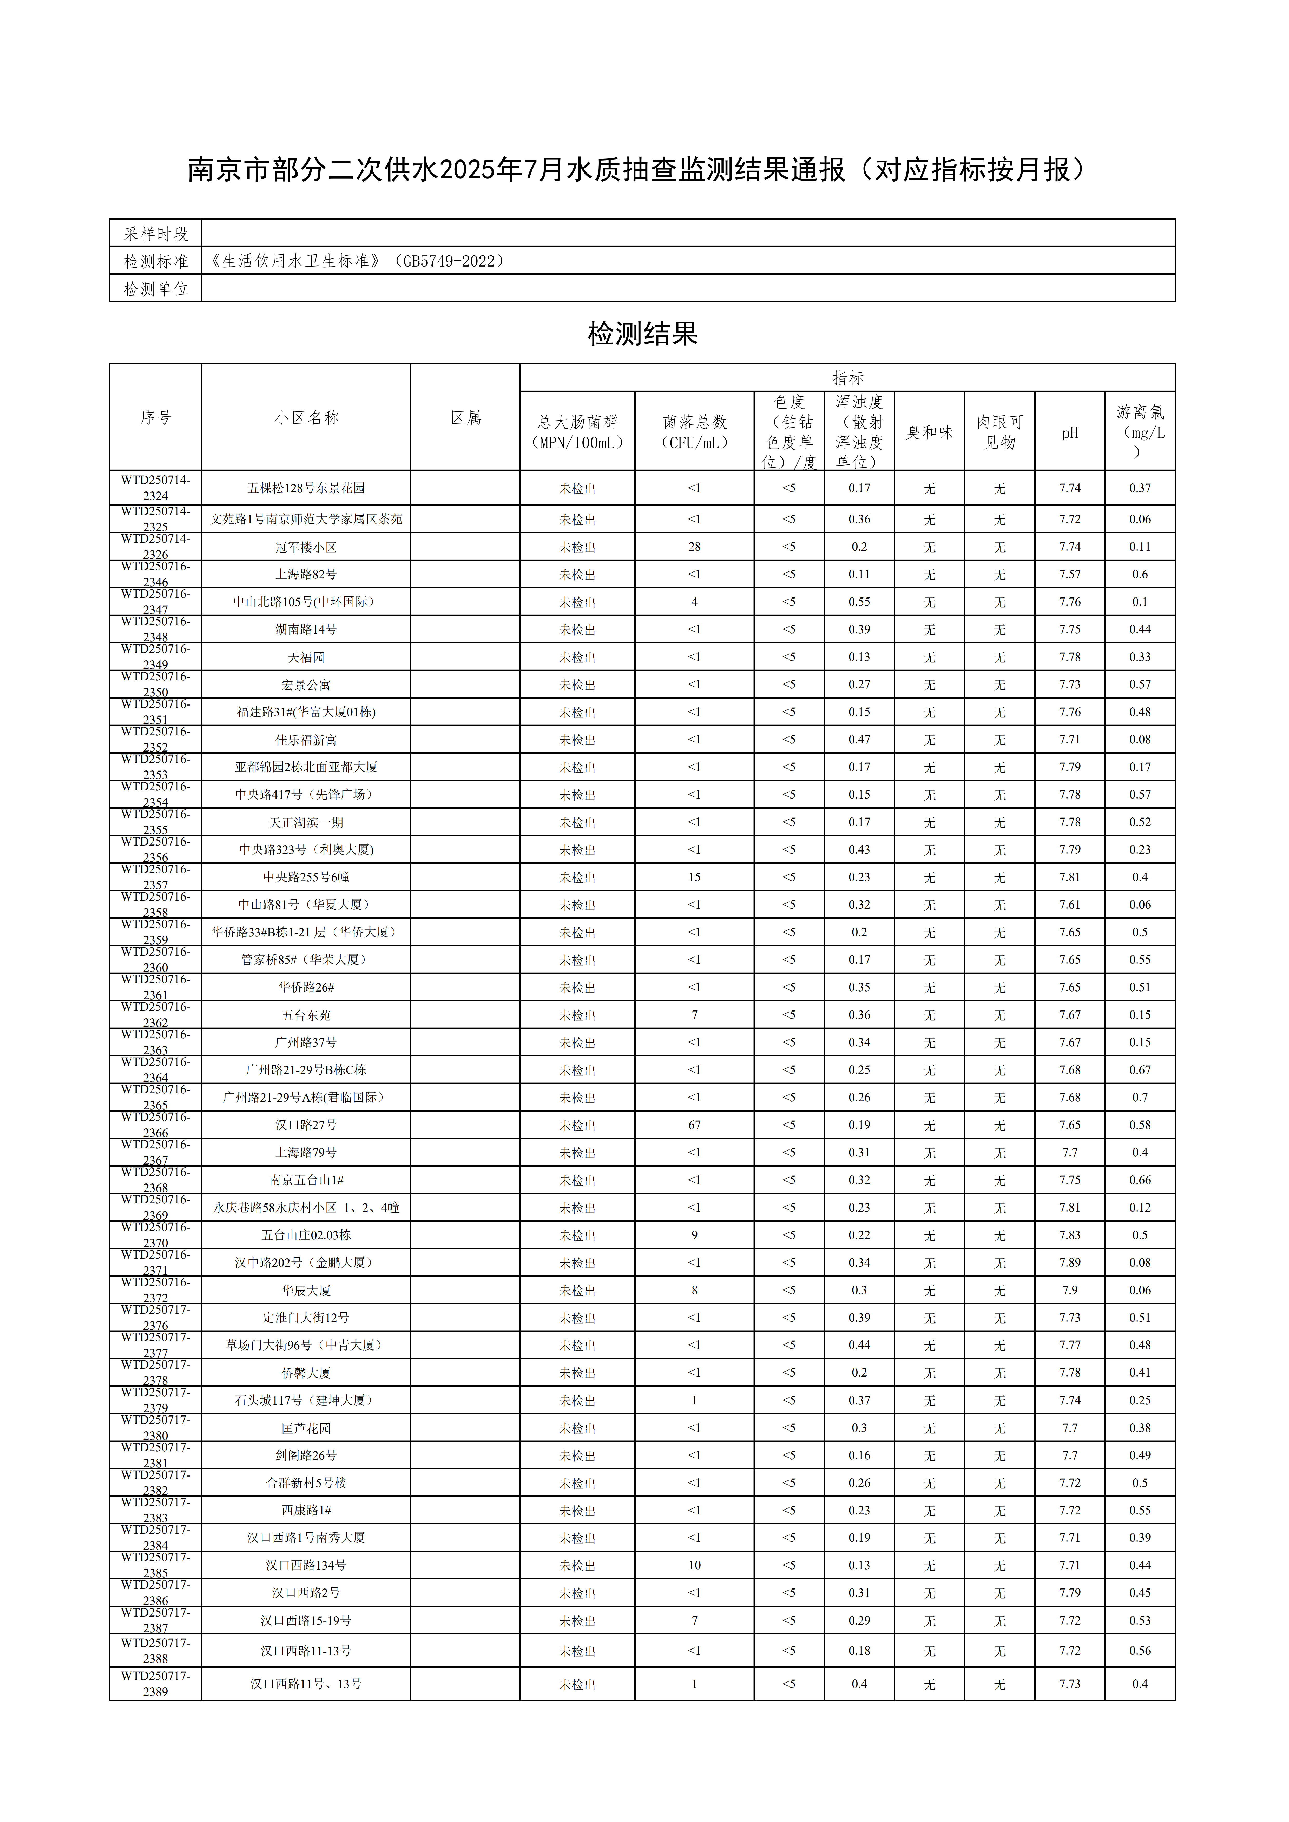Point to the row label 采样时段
tap(156, 233)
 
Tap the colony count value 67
tap(694, 1125)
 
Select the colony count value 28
tap(694, 547)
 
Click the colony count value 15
tap(694, 877)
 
